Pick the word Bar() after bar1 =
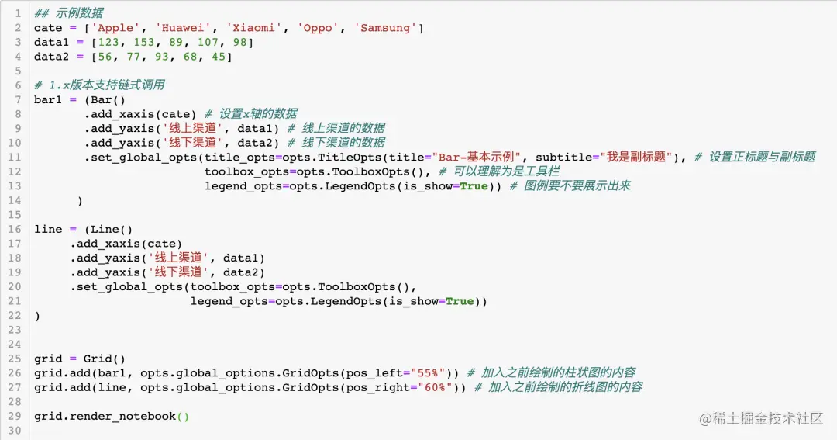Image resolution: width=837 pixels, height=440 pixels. (x=108, y=99)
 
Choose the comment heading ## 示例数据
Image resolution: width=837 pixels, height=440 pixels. (x=69, y=13)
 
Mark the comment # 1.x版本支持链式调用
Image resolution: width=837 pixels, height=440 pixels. (x=99, y=85)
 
